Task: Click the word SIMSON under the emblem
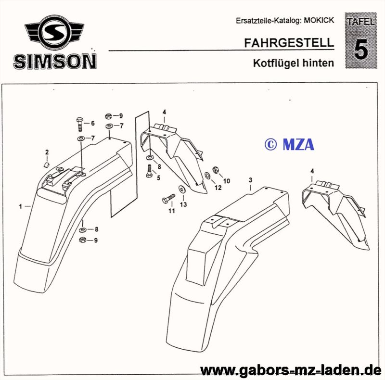click(x=55, y=61)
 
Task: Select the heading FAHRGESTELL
click(x=289, y=42)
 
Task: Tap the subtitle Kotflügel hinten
click(x=293, y=63)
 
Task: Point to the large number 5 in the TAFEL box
click(x=360, y=50)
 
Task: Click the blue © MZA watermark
click(x=289, y=143)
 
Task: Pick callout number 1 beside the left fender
click(x=21, y=206)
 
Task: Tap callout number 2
click(x=47, y=152)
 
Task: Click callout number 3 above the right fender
click(x=250, y=179)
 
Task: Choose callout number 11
click(x=171, y=211)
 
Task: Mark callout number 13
click(x=183, y=204)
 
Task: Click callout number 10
click(x=227, y=181)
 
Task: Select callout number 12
click(x=218, y=188)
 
